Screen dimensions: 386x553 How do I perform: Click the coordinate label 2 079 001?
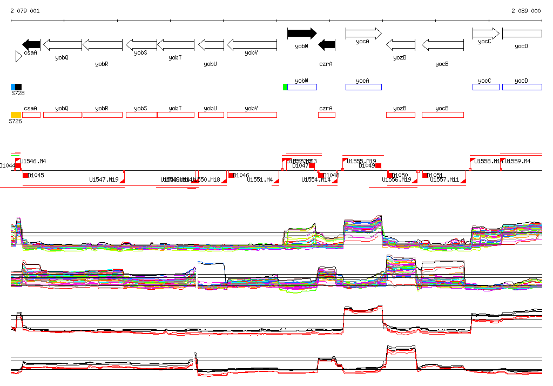tap(25, 11)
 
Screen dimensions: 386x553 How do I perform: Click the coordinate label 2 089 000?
tap(526, 11)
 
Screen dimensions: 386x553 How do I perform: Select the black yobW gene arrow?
tap(302, 34)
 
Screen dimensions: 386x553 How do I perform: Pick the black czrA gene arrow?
tap(327, 44)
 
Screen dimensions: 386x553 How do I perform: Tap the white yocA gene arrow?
tap(363, 34)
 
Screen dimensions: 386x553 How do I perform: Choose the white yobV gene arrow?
tap(251, 44)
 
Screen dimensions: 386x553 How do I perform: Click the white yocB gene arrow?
tap(442, 44)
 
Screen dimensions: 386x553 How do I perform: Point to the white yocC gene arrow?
tap(486, 34)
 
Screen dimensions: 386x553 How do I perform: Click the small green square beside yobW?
tap(285, 87)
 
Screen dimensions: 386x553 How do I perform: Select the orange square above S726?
tap(16, 115)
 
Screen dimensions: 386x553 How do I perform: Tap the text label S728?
tap(18, 94)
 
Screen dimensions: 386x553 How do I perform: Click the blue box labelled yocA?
tap(363, 87)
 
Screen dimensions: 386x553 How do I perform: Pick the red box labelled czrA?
tap(327, 115)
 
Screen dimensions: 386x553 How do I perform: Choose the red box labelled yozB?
tap(401, 115)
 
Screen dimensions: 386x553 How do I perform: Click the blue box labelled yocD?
tap(522, 87)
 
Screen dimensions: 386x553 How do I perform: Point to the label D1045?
tap(36, 175)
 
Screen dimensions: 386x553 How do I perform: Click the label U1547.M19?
tap(104, 179)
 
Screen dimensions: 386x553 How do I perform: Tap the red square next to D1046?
tap(231, 175)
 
